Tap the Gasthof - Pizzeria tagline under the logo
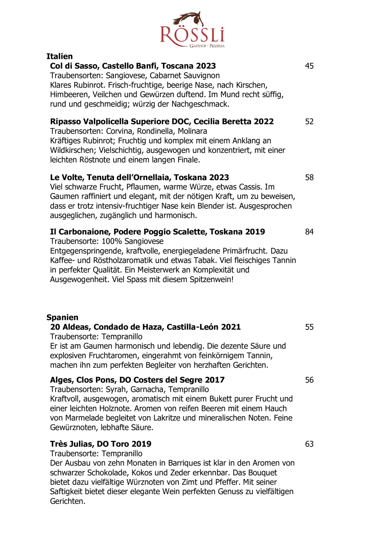pos(207,46)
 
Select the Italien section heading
pos(60,56)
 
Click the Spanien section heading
pos(62,317)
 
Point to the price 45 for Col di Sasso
pos(309,66)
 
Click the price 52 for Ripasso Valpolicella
pos(309,122)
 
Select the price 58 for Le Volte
pos(309,178)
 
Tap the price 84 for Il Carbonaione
pos(309,232)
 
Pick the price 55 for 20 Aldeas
pos(309,327)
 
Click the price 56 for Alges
pos(309,380)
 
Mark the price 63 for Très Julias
pos(309,444)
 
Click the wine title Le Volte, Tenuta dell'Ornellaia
pos(140,178)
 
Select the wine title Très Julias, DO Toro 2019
pos(100,444)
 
